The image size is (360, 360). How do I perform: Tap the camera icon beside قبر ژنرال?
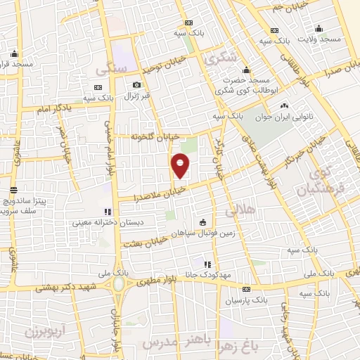tap(136, 86)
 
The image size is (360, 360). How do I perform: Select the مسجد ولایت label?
tap(320, 39)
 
